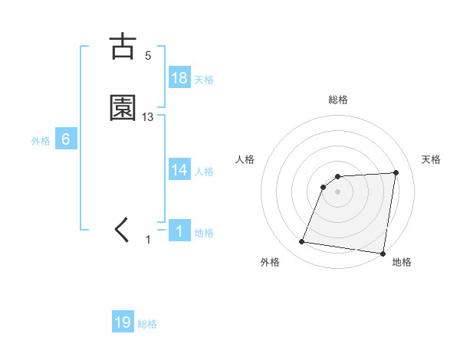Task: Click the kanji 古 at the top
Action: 123,47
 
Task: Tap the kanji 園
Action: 123,108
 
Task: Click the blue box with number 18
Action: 179,78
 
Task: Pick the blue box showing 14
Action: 179,170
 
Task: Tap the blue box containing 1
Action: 179,231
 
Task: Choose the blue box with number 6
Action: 66,139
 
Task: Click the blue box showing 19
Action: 123,322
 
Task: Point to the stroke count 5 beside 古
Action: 148,55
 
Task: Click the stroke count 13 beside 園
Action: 148,116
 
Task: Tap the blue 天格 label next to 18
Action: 204,80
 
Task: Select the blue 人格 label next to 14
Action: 204,172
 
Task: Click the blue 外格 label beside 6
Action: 41,141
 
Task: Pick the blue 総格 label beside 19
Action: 147,324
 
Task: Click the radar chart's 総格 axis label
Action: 338,100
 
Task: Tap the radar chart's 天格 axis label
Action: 431,159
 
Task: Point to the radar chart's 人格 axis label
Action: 245,159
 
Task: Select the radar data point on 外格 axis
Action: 302,242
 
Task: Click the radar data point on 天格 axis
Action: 396,172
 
